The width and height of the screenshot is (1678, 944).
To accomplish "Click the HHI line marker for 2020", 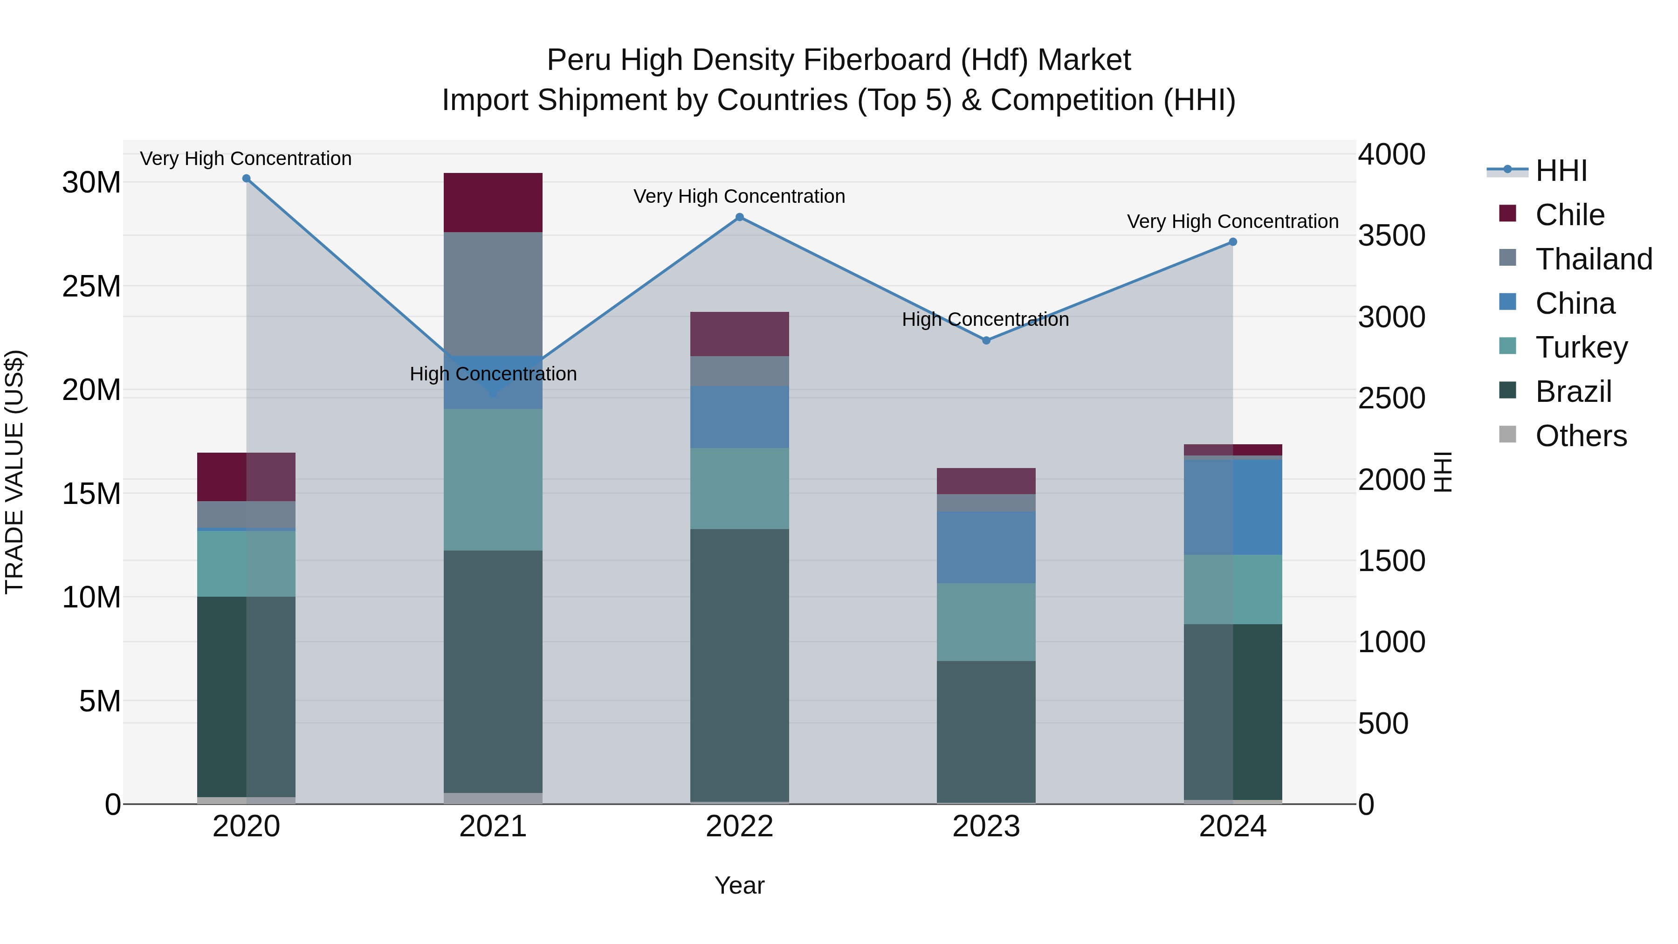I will [x=246, y=179].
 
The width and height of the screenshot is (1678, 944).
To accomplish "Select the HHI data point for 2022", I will [x=739, y=218].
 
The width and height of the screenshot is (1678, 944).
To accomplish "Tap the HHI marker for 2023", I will [x=986, y=341].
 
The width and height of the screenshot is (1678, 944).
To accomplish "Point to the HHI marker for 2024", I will [x=1232, y=242].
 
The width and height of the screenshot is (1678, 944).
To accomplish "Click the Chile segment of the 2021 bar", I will [x=493, y=203].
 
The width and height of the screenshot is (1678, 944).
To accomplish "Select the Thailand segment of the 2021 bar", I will [x=493, y=293].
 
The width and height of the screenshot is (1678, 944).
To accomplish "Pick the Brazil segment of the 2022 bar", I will [x=739, y=664].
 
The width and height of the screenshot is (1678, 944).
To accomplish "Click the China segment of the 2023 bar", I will [x=986, y=547].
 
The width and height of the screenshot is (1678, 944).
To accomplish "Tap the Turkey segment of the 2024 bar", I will [x=1232, y=590].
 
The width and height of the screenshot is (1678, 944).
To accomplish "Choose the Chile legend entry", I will [x=1570, y=215].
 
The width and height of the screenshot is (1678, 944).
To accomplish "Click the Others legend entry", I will [x=1581, y=436].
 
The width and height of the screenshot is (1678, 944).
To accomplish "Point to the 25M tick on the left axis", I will [x=91, y=287].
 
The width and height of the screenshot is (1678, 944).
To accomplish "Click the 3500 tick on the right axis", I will [x=1391, y=236].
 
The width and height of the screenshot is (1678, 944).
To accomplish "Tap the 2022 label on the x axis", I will [x=739, y=827].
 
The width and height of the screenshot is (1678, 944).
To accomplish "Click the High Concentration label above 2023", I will [x=985, y=320].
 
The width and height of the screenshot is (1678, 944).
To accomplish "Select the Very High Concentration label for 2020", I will [x=246, y=159].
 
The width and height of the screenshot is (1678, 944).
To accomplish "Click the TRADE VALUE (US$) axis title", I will [x=15, y=472].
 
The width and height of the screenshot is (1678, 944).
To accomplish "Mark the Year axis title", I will [x=739, y=885].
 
